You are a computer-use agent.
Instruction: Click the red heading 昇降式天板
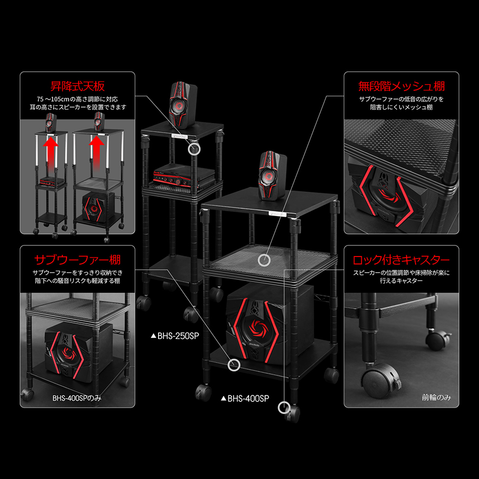point(78,86)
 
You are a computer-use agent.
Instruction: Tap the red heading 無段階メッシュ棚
point(401,86)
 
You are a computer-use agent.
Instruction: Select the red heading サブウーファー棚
point(78,260)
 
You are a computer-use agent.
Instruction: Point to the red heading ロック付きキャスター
point(401,260)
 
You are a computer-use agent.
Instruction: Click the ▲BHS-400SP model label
point(245,398)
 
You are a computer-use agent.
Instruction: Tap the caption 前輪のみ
point(436,397)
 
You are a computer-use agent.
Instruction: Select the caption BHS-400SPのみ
point(77,398)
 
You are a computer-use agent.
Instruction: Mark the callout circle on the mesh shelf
point(264,260)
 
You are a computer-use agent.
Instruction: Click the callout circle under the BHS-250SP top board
point(194,149)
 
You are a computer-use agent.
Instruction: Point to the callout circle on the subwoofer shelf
point(234,365)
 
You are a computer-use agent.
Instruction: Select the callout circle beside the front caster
point(284,408)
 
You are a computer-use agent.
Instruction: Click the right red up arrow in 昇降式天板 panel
point(96,152)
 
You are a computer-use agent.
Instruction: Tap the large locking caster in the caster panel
point(381,380)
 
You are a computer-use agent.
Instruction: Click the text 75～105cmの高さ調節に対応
point(77,99)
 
